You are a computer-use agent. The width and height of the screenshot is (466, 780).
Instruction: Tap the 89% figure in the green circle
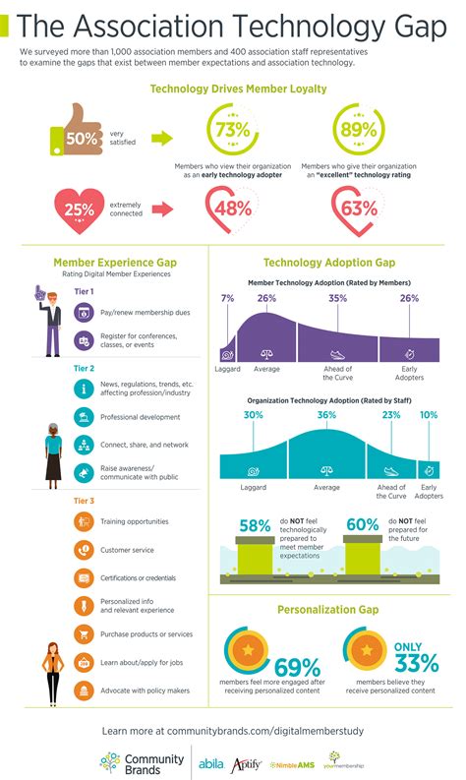point(357,132)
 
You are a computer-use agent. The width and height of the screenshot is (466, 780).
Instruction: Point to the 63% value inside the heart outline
point(357,208)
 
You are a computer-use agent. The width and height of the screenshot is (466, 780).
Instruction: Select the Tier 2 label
point(85,368)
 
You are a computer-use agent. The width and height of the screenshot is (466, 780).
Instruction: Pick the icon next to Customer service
point(85,550)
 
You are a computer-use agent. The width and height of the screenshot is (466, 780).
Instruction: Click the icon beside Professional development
point(85,417)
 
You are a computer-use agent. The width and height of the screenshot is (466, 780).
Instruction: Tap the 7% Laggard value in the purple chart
point(228,298)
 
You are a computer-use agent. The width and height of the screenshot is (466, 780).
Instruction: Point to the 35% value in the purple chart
point(338,298)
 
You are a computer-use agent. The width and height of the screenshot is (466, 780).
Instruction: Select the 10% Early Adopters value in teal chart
point(430,415)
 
